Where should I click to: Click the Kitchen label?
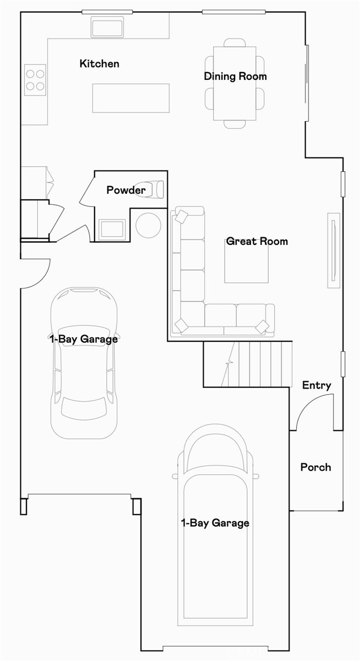[x=99, y=64]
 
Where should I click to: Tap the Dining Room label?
[x=235, y=77]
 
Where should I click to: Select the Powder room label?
[x=126, y=190]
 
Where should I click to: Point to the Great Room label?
[x=257, y=241]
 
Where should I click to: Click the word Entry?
[x=317, y=385]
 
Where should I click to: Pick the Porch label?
[x=315, y=467]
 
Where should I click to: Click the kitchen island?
[x=130, y=97]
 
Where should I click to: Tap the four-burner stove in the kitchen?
[x=35, y=80]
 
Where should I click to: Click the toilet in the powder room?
[x=151, y=189]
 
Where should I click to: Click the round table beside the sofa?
[x=148, y=225]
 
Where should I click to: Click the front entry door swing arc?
[x=313, y=413]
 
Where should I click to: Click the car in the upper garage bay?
[x=84, y=363]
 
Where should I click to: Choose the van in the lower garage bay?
[x=215, y=528]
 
